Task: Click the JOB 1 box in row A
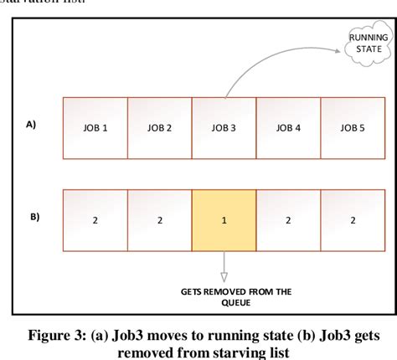pyautogui.click(x=95, y=128)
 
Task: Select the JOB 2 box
pyautogui.click(x=160, y=128)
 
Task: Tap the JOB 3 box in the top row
pyautogui.click(x=224, y=128)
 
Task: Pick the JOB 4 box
pyautogui.click(x=288, y=128)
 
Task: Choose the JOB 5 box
pyautogui.click(x=352, y=128)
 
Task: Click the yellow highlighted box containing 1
pyautogui.click(x=224, y=221)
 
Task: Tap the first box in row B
pyautogui.click(x=95, y=221)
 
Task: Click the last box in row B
pyautogui.click(x=352, y=221)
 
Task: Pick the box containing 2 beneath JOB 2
pyautogui.click(x=160, y=221)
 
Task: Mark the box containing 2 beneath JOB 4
pyautogui.click(x=288, y=221)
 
